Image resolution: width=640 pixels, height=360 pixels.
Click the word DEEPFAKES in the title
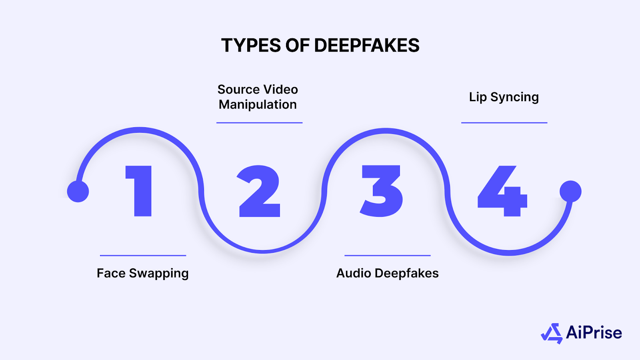pos(367,46)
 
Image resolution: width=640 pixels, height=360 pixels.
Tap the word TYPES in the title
pos(251,46)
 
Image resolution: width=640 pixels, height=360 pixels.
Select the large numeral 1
pos(139,191)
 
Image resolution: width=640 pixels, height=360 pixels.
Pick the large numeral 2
pos(259,191)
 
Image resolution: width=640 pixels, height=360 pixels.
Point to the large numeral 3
pos(381,191)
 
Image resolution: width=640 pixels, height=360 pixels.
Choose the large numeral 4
pos(503,191)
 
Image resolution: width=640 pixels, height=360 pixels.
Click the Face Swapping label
pos(142,274)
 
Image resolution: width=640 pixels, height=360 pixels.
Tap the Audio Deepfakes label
pos(387,273)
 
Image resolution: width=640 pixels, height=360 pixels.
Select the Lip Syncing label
pos(504,97)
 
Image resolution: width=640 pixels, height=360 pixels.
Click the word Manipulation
pos(258,104)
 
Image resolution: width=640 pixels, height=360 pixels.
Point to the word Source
pos(238,89)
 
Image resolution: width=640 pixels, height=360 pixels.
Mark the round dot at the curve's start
pos(78,191)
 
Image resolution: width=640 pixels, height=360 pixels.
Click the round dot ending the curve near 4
pos(570,191)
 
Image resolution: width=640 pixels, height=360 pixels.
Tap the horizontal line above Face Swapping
pos(143,255)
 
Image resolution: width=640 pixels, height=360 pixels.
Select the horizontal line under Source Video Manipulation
pos(259,123)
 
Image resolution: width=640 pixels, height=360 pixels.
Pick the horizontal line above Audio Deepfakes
pos(387,255)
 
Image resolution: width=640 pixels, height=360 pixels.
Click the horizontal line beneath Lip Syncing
pos(504,123)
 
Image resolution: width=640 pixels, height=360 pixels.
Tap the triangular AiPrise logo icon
pos(552,333)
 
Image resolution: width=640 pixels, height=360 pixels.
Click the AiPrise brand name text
pos(594,333)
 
